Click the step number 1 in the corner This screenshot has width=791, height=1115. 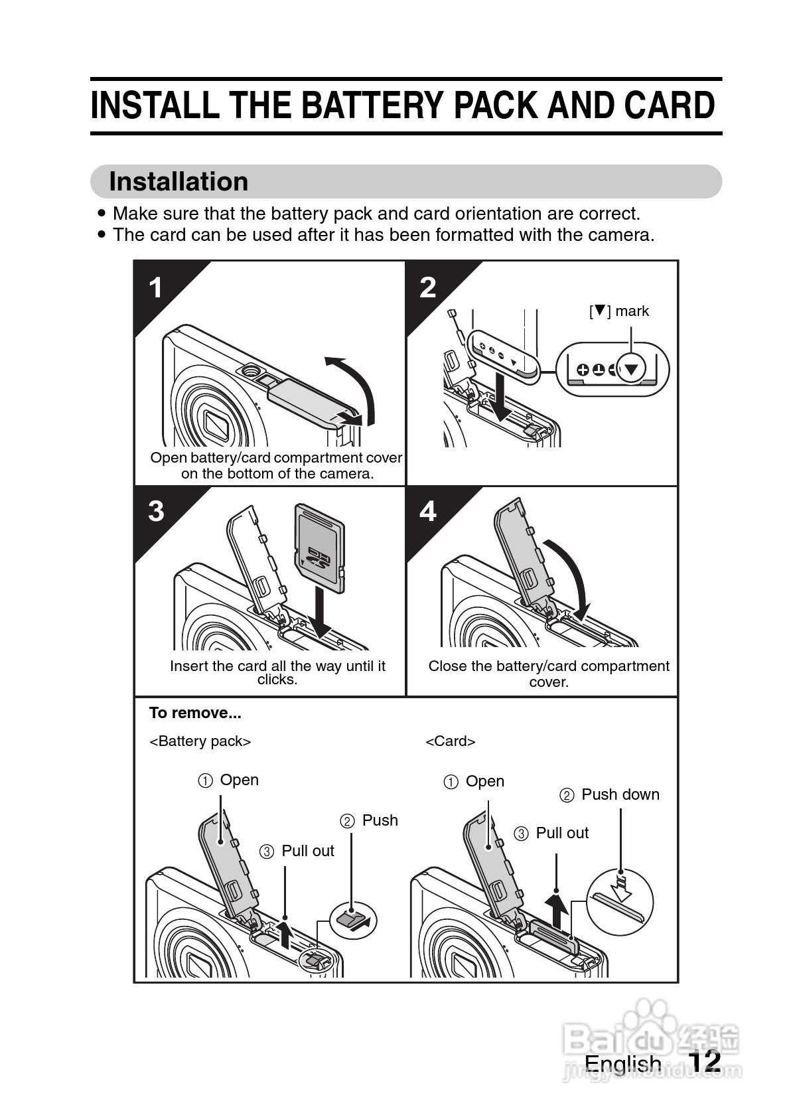pos(155,288)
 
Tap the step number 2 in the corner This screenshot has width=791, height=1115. pos(428,288)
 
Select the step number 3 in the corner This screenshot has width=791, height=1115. pos(156,511)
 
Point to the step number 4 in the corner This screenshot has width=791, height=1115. pos(428,511)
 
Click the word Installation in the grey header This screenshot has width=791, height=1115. pos(179,182)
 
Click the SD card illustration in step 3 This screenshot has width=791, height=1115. pos(320,546)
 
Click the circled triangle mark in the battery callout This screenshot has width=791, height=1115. pos(631,369)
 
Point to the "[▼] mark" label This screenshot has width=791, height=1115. pos(619,311)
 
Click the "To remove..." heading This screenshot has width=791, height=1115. pos(195,713)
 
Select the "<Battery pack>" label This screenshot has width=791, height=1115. pos(200,741)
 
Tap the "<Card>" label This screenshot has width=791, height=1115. pos(451,741)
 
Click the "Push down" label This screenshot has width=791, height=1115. pos(620,794)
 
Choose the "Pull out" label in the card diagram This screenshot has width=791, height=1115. pos(561,833)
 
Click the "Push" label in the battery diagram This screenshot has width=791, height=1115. pos(380,820)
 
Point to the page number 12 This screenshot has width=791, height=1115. pos(704,1061)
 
